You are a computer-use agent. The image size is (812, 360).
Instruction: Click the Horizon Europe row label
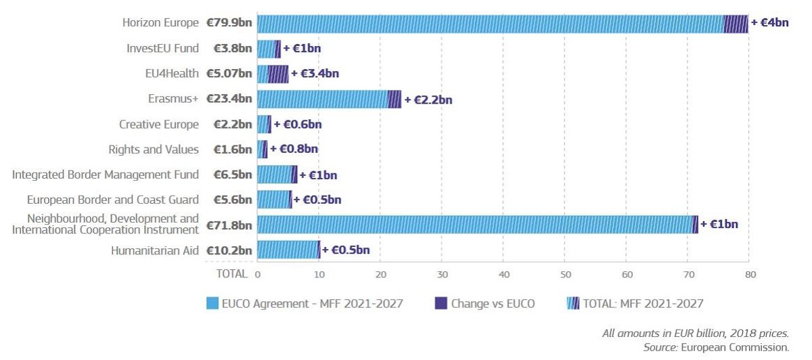coord(160,23)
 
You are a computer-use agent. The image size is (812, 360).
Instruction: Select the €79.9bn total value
coord(229,23)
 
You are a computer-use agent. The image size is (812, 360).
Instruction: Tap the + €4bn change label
coord(770,23)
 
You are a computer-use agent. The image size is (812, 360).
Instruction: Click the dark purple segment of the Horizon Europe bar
coord(736,24)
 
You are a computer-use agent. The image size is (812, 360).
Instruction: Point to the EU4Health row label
coord(172,73)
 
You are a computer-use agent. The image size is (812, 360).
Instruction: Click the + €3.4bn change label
coord(315,74)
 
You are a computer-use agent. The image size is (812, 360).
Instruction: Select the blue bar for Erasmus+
coord(323,99)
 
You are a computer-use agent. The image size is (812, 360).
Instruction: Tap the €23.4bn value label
coord(229,99)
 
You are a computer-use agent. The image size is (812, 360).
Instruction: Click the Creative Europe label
coord(159,125)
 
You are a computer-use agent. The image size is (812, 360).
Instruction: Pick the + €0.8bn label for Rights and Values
coord(294,150)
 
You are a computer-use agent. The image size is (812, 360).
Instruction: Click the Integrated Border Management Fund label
coord(106,175)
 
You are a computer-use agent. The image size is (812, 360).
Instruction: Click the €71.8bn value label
coord(229,225)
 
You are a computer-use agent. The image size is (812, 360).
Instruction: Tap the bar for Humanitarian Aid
coord(288,250)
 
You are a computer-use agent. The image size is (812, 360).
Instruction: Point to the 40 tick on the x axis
coord(503,275)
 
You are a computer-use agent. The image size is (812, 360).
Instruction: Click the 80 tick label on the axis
coord(749,275)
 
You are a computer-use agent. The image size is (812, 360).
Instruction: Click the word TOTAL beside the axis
coord(231,275)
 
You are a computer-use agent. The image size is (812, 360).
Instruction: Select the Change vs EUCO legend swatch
coord(441,304)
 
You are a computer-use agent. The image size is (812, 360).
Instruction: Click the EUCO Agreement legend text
coord(312,304)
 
